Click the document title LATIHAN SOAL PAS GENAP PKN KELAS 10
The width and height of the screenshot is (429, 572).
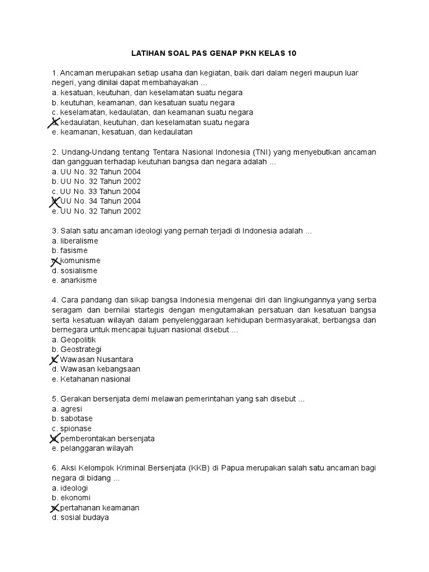pyautogui.click(x=214, y=54)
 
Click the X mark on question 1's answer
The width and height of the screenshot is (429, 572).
pyautogui.click(x=55, y=122)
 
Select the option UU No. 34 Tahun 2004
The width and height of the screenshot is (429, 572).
pyautogui.click(x=100, y=201)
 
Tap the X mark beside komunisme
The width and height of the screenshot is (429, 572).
pyautogui.click(x=55, y=261)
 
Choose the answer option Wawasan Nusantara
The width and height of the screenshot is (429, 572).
pyautogui.click(x=96, y=359)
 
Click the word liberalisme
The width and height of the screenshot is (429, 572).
pyautogui.click(x=79, y=241)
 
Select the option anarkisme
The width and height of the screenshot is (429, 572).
pyautogui.click(x=78, y=280)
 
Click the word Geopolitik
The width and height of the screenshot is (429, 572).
pyautogui.click(x=78, y=340)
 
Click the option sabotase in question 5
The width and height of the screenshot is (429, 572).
pyautogui.click(x=76, y=418)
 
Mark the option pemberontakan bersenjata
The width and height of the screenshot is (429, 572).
pyautogui.click(x=107, y=438)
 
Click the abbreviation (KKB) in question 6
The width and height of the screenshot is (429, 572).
pyautogui.click(x=199, y=468)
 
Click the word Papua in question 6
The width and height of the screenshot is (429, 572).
pyautogui.click(x=234, y=468)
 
